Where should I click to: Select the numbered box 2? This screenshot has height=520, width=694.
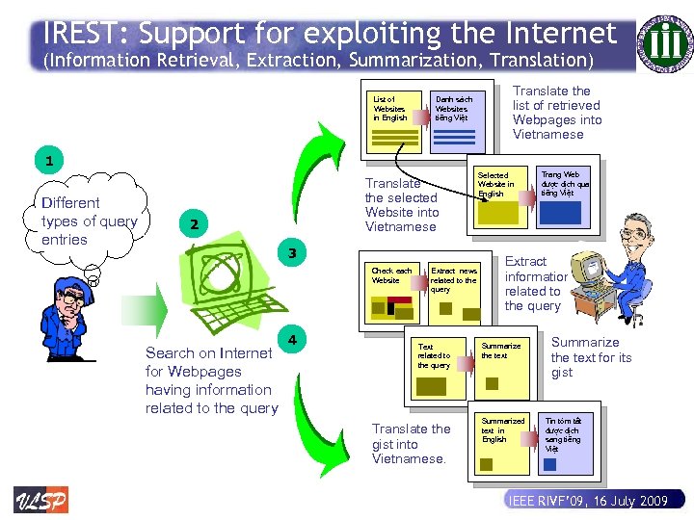(194, 224)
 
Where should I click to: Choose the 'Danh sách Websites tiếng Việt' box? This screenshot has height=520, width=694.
(457, 121)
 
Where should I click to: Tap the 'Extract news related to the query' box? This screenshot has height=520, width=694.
(455, 295)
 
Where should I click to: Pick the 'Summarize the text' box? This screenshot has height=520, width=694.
(503, 366)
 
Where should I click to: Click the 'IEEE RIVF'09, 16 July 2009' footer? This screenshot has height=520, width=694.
(587, 502)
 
